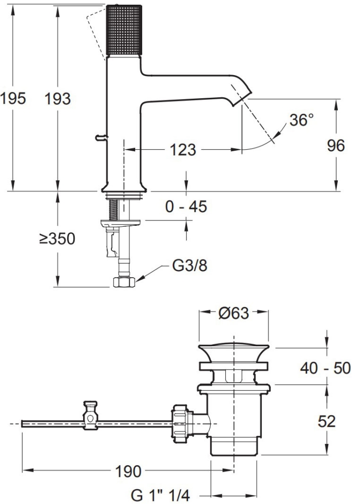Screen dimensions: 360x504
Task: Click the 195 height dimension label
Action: pyautogui.click(x=13, y=98)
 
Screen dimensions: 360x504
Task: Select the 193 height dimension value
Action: pyautogui.click(x=57, y=98)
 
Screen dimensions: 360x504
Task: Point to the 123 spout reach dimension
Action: pyautogui.click(x=183, y=150)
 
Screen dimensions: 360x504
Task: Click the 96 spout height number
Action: pyautogui.click(x=336, y=146)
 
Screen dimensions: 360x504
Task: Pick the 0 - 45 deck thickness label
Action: pyautogui.click(x=186, y=206)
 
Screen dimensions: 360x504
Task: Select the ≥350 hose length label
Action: pyautogui.click(x=57, y=238)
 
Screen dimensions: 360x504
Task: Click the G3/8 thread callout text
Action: pyautogui.click(x=190, y=266)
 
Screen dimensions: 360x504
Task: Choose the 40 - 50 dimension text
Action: pyautogui.click(x=325, y=368)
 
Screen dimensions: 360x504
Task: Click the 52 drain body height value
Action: pyautogui.click(x=327, y=421)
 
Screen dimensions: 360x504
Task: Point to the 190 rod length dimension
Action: pyautogui.click(x=128, y=471)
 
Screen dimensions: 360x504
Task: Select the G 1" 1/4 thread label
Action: pyautogui.click(x=161, y=495)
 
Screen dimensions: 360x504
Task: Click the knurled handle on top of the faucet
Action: pyautogui.click(x=124, y=30)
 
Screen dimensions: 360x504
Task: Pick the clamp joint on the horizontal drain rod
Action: pyautogui.click(x=90, y=415)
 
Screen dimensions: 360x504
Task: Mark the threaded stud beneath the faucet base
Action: pyautogui.click(x=113, y=209)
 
